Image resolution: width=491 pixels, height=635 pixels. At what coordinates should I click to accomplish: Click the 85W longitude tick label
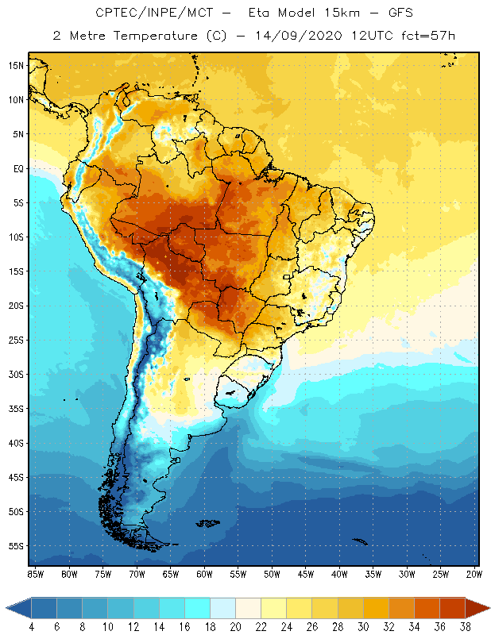(x=36, y=573)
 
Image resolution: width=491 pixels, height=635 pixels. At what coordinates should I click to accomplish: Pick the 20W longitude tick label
(x=474, y=573)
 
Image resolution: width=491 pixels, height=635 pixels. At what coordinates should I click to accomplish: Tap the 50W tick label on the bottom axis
(x=272, y=573)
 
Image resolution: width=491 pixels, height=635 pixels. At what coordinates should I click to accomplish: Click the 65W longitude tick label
(x=171, y=573)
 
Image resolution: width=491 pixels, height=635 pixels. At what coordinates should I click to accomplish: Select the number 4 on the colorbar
(x=32, y=626)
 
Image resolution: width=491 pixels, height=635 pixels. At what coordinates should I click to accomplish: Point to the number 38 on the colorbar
(x=464, y=626)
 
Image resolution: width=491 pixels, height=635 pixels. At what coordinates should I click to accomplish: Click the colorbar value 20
(x=235, y=626)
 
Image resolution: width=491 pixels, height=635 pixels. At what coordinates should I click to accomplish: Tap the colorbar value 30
(x=362, y=626)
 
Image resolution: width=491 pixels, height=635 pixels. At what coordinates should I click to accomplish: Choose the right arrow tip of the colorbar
(x=486, y=608)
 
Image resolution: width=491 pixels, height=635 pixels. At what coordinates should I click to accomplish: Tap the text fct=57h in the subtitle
(x=426, y=36)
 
